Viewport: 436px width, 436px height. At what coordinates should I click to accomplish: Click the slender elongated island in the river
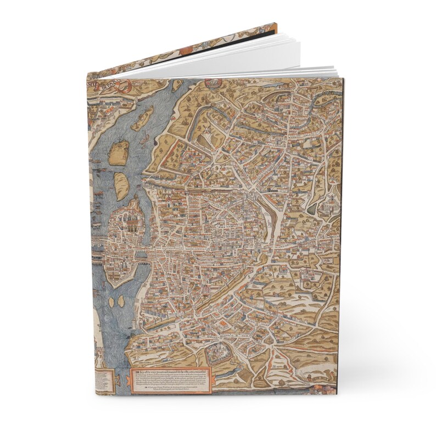pyautogui.click(x=142, y=116)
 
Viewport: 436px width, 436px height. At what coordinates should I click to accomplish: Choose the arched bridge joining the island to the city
pyautogui.click(x=144, y=256)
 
